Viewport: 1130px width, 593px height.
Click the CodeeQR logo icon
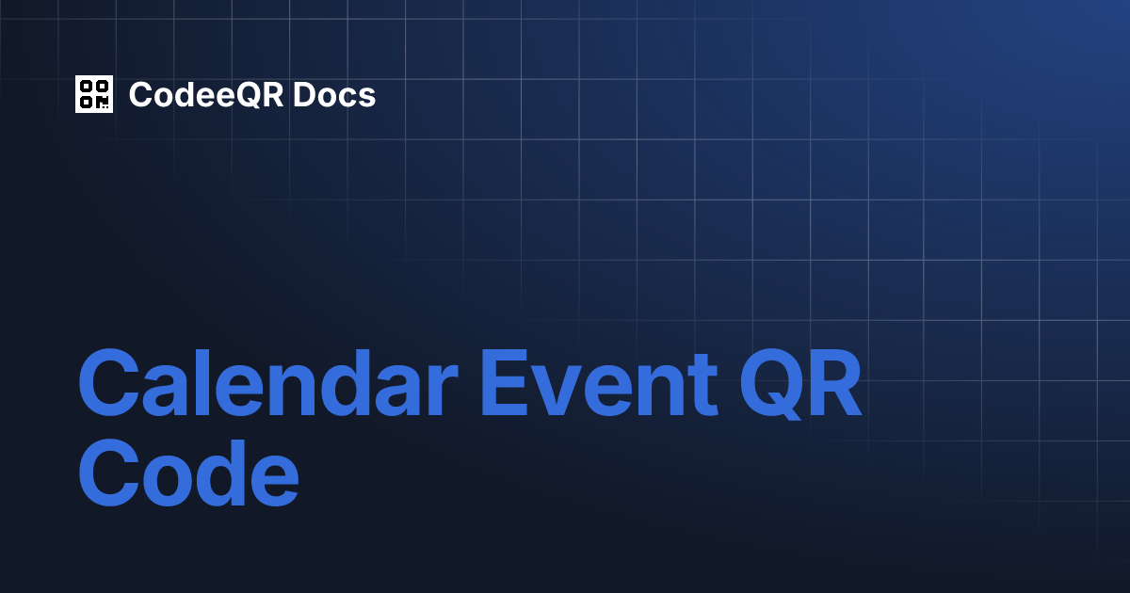(x=94, y=94)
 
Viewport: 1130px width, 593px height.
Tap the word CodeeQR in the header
(x=206, y=95)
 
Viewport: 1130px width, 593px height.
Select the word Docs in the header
(x=334, y=95)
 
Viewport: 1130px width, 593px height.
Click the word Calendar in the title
(x=268, y=382)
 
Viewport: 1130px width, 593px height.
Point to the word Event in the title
(x=600, y=382)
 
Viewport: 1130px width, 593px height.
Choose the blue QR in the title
(x=800, y=383)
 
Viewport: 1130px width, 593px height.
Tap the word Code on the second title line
(x=188, y=473)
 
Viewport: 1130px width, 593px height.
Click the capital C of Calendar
(x=109, y=382)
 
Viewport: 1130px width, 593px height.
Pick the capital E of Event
(x=505, y=382)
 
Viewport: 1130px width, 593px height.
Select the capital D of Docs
(x=306, y=95)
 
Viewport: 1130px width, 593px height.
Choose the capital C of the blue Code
(x=109, y=473)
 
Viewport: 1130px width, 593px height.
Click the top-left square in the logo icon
(x=87, y=87)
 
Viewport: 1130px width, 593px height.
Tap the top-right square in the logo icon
(x=103, y=87)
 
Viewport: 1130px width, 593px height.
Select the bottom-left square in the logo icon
(x=87, y=103)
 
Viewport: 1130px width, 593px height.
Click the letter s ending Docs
(x=366, y=98)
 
